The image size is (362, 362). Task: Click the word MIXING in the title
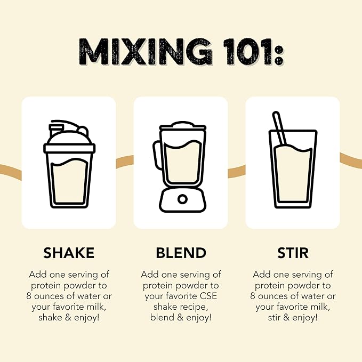click(x=145, y=52)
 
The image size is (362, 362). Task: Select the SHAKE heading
click(x=69, y=253)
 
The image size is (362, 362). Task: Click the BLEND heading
click(x=181, y=253)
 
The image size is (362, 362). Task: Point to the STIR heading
click(x=293, y=253)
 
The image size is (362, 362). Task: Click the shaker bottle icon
click(x=69, y=164)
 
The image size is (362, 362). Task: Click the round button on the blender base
click(x=182, y=199)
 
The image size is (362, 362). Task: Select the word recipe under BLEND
click(x=194, y=307)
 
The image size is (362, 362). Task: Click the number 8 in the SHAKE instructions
click(x=29, y=296)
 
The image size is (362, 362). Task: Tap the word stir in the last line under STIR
click(x=274, y=317)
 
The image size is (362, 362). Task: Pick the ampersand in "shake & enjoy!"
click(x=68, y=317)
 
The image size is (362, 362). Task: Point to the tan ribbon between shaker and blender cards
click(x=125, y=162)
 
